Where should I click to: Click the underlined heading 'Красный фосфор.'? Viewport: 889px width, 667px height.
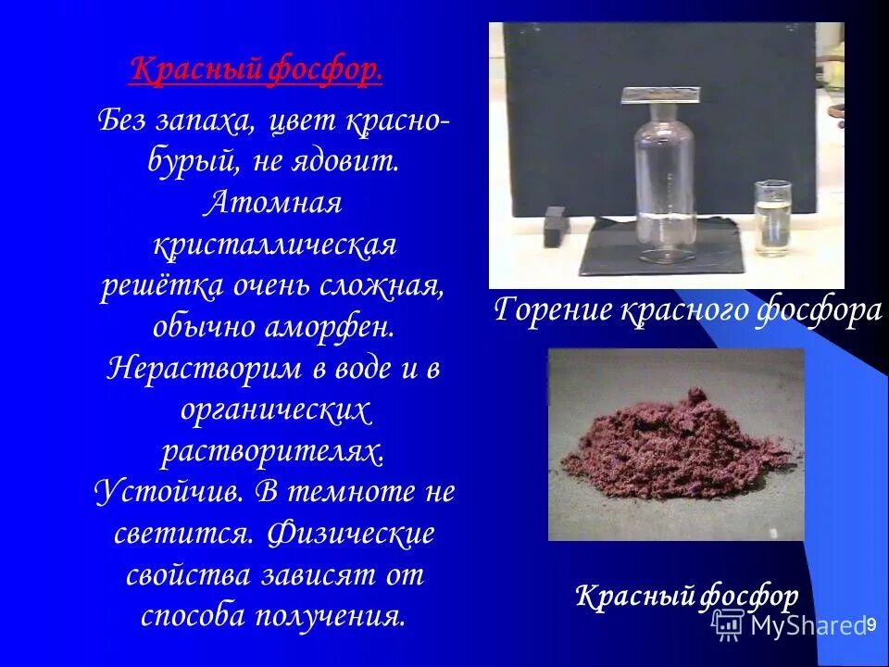pyautogui.click(x=256, y=70)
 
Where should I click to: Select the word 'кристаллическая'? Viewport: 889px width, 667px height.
pyautogui.click(x=275, y=246)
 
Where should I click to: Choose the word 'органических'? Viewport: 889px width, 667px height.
pyautogui.click(x=275, y=409)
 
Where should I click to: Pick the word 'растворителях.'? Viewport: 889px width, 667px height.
pyautogui.click(x=274, y=451)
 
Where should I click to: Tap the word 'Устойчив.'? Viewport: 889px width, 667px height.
pyautogui.click(x=169, y=492)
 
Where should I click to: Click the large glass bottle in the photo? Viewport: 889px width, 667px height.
pyautogui.click(x=661, y=185)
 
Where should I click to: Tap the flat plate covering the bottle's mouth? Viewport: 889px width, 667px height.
pyautogui.click(x=659, y=94)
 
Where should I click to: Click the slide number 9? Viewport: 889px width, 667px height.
pyautogui.click(x=870, y=625)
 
